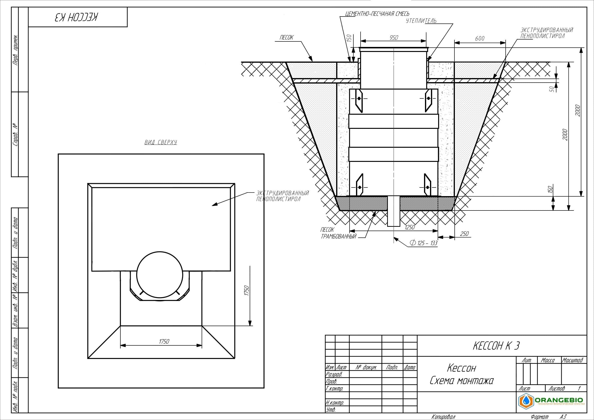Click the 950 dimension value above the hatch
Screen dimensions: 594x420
[394, 38]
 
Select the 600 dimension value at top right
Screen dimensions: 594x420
[480, 39]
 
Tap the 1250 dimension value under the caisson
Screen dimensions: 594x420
[410, 227]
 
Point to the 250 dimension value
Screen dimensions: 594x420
[464, 234]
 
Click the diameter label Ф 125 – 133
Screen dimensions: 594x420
[424, 243]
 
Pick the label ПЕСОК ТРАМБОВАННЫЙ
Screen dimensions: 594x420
[339, 233]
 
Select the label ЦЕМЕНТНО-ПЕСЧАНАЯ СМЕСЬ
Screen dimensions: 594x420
[377, 14]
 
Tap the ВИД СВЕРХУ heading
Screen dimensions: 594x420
[161, 142]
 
